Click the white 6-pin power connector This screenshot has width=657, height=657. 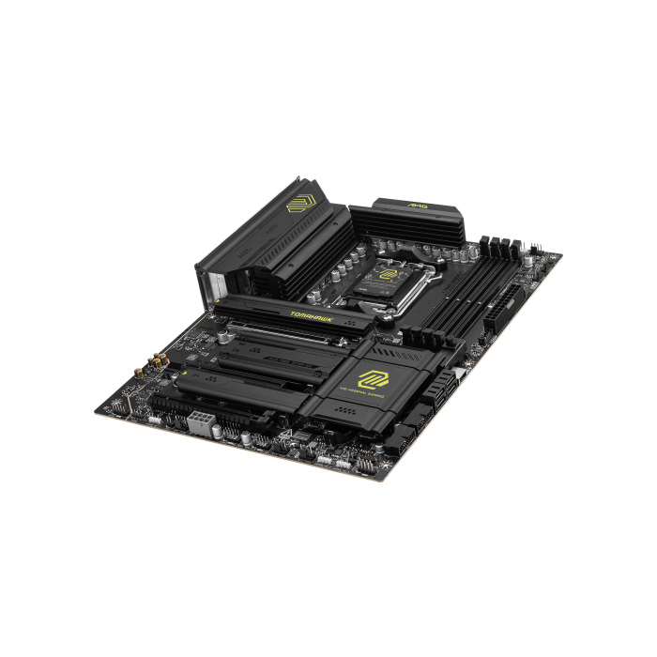click(x=201, y=420)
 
